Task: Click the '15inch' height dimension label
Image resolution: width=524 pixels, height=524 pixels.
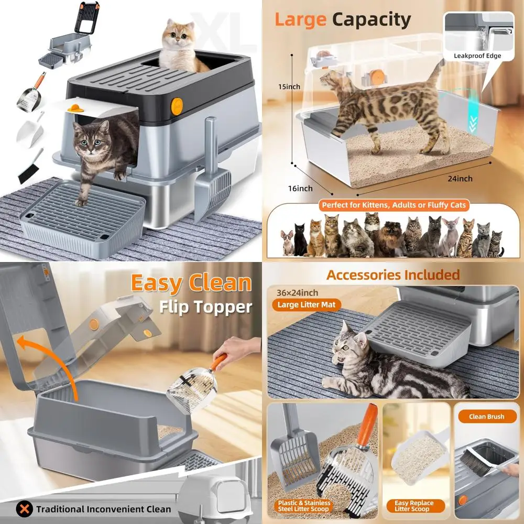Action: point(289,86)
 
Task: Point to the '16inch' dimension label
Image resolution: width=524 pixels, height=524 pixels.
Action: point(300,188)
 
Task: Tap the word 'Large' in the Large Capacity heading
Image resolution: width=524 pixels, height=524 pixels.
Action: point(301,20)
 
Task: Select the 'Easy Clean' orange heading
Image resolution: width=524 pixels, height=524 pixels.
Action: point(191,283)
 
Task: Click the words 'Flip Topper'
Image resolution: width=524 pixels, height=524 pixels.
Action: point(206,307)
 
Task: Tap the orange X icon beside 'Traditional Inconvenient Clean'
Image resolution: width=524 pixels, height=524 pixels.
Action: point(23,508)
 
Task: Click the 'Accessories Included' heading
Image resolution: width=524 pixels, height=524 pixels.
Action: point(393,275)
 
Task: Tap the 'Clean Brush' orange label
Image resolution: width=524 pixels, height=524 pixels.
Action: point(486,417)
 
